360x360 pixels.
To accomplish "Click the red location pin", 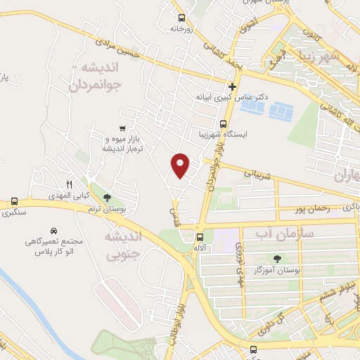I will pos(181,165).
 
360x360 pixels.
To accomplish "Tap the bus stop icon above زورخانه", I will pos(182,18).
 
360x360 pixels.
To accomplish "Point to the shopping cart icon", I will pos(122,128).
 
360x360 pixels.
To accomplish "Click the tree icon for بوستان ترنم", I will pos(107,198).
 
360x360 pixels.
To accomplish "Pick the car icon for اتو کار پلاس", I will pos(53,230).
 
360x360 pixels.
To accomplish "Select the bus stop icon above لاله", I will pos(200,237).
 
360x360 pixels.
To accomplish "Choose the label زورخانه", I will pos(181,30).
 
